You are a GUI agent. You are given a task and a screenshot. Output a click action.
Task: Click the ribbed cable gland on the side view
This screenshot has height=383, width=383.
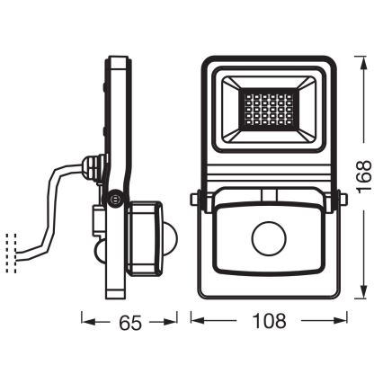91,167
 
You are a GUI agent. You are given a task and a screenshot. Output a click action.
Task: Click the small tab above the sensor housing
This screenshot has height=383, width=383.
268,193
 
